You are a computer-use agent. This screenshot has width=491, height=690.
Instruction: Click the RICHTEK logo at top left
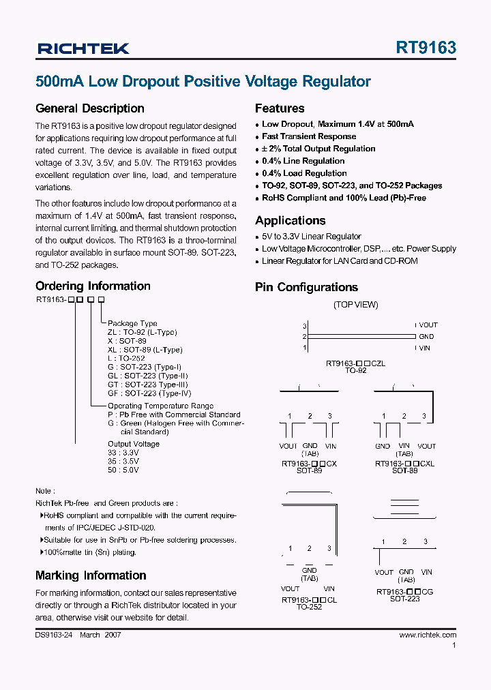(x=83, y=48)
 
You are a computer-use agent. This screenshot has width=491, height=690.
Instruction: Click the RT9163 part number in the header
(x=426, y=48)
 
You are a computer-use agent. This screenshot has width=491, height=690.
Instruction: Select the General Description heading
(x=89, y=108)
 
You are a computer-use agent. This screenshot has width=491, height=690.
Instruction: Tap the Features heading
(x=280, y=108)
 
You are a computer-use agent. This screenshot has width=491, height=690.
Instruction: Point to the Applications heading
(x=290, y=221)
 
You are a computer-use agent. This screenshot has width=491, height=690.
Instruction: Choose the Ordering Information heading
(x=93, y=286)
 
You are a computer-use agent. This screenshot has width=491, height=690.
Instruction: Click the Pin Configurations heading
(x=306, y=288)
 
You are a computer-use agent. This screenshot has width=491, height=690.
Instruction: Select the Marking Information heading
(x=91, y=575)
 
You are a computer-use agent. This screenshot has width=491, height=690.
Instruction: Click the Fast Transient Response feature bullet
(x=309, y=136)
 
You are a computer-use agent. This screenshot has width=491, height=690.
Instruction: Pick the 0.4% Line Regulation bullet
(x=303, y=161)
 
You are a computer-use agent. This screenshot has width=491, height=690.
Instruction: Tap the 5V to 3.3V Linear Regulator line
(x=312, y=237)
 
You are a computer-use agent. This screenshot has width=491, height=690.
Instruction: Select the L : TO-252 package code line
(x=126, y=358)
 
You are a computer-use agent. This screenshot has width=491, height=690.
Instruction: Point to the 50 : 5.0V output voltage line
(x=123, y=470)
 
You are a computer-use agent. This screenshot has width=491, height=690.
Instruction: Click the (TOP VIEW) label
(x=355, y=305)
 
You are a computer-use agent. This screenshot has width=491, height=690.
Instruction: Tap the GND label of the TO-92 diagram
(x=426, y=337)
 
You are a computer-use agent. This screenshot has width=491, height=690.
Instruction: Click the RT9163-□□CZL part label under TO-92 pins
(x=355, y=363)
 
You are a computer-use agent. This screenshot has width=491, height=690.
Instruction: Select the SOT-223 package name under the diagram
(x=404, y=599)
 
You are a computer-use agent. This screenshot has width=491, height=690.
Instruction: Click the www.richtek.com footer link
(x=428, y=635)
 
